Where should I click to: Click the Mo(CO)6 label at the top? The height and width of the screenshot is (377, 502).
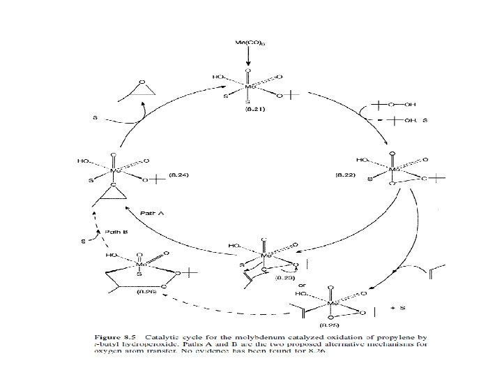pos(250,44)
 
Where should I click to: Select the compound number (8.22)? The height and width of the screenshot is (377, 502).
pos(347,173)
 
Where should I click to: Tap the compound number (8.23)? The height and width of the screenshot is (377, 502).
pos(286,277)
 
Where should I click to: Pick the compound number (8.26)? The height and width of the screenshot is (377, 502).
pos(146,291)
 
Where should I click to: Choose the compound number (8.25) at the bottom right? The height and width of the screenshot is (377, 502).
pos(329,325)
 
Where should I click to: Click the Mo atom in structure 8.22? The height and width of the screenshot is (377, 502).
pos(395,169)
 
